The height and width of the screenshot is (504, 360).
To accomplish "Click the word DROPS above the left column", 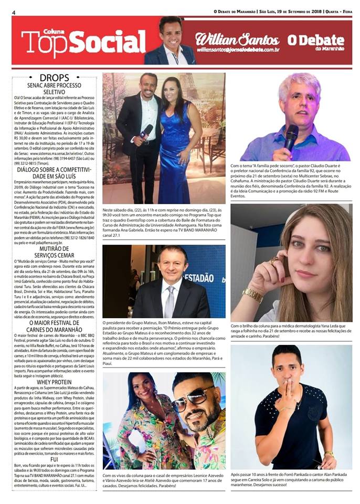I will pyautogui.click(x=54, y=77).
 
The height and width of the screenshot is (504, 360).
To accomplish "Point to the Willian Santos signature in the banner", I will pyautogui.click(x=237, y=39).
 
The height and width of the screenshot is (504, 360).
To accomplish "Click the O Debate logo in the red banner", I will pyautogui.click(x=315, y=41).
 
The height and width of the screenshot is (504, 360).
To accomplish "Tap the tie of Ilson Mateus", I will pyautogui.click(x=170, y=301).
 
